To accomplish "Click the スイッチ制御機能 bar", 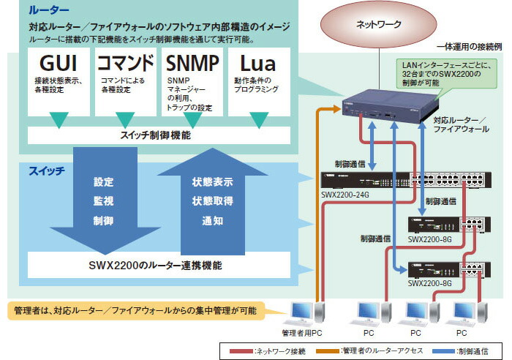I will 157,135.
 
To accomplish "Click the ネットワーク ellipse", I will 378,24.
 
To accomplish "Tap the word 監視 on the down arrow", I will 103,200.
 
